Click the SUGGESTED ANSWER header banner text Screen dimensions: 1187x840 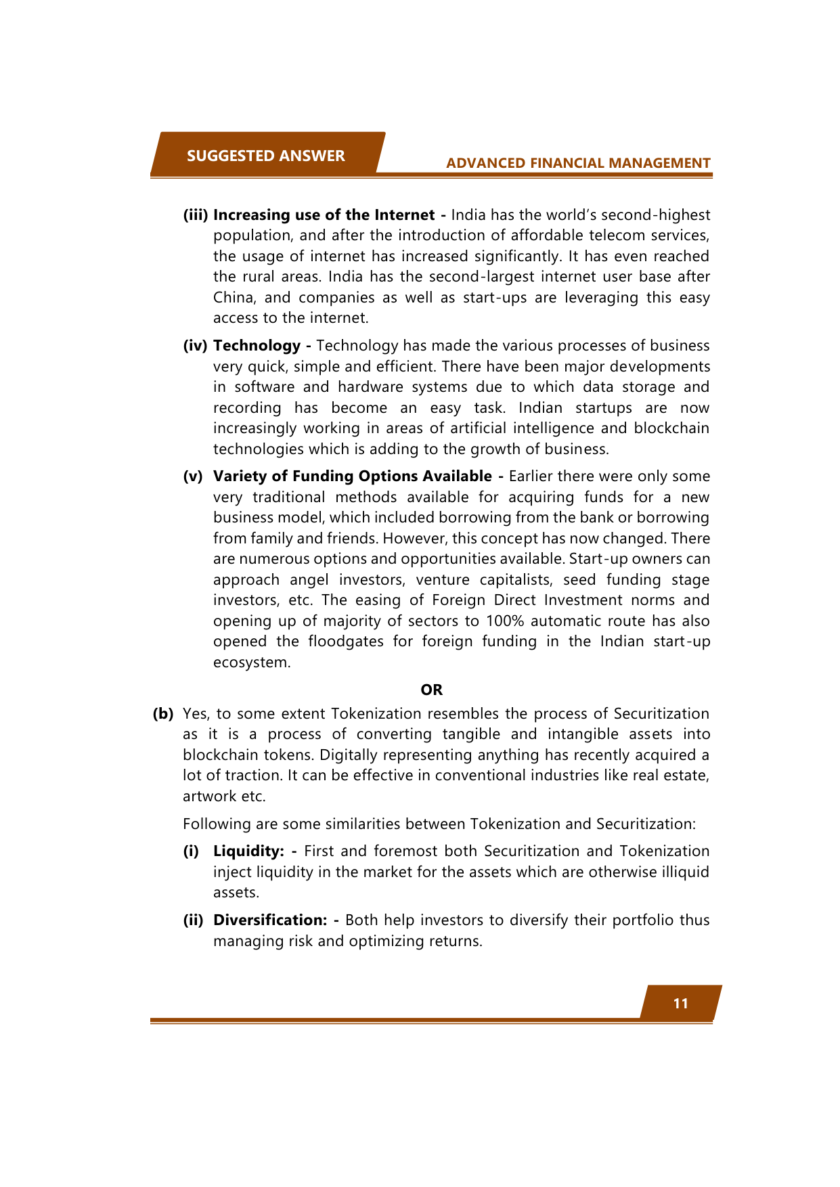click(x=265, y=156)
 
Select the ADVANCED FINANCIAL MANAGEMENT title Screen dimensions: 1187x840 click(x=578, y=163)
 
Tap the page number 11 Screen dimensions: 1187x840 click(x=680, y=1004)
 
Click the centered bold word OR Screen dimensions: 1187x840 click(x=431, y=690)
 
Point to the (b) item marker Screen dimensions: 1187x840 click(x=163, y=713)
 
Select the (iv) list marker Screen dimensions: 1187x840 click(x=195, y=345)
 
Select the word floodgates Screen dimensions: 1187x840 click(x=345, y=641)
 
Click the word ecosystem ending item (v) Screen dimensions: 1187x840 click(x=251, y=662)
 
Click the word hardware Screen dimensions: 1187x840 click(x=370, y=386)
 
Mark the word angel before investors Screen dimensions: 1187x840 click(x=309, y=579)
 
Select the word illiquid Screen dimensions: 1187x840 click(x=682, y=872)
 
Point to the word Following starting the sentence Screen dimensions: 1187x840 click(x=216, y=824)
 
